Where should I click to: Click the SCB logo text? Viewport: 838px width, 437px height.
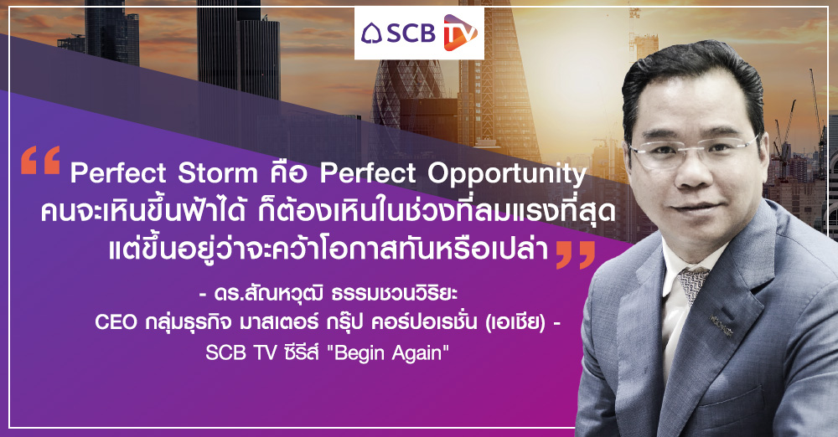click(411, 33)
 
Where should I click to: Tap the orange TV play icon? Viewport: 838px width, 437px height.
click(460, 33)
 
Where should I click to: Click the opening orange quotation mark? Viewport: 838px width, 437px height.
click(40, 161)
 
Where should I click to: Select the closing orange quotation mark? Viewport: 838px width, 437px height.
click(576, 254)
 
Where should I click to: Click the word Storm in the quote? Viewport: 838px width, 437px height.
click(217, 173)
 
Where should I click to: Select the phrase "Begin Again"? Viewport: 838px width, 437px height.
click(391, 352)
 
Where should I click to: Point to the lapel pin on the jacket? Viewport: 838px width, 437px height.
click(721, 325)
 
